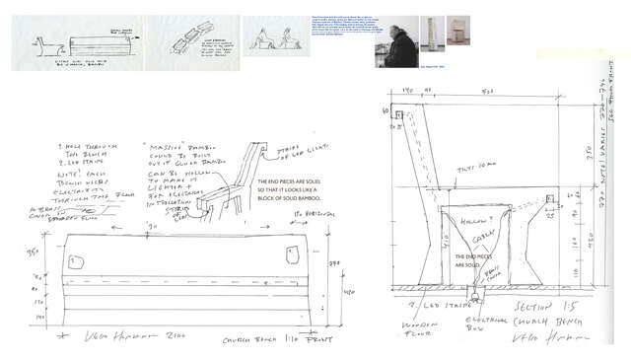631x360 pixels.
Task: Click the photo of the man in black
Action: pyautogui.click(x=396, y=42)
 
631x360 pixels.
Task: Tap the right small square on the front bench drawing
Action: pyautogui.click(x=292, y=254)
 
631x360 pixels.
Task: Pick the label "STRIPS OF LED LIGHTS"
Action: pyautogui.click(x=290, y=152)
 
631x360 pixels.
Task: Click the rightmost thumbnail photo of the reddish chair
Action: pyautogui.click(x=458, y=33)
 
